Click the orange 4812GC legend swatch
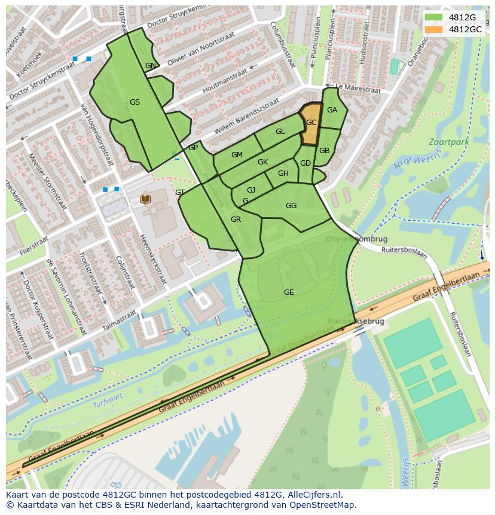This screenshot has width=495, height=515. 434,29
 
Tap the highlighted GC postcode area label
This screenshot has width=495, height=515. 311,122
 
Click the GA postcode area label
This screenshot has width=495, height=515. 332,109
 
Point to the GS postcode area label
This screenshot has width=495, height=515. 135,102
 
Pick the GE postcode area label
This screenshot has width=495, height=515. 289,292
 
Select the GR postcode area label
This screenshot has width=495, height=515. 236,220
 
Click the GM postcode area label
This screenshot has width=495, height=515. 237,155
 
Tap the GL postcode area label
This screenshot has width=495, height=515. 280,132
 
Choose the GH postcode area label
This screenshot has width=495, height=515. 283,173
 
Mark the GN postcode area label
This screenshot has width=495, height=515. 150,66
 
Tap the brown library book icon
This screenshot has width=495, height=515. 145,199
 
